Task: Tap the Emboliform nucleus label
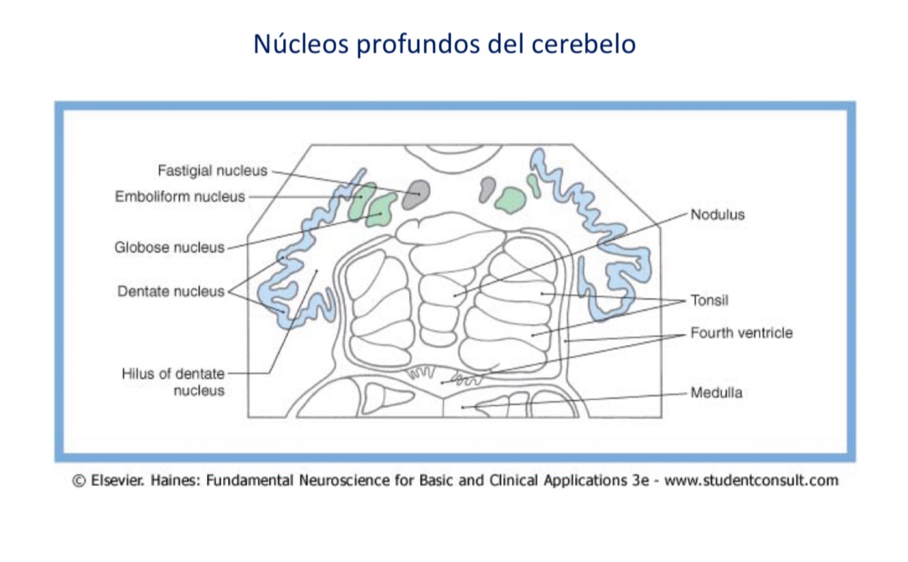coord(179,197)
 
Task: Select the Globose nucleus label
coord(169,248)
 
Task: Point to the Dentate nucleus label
coord(170,291)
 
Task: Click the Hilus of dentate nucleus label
coord(173,382)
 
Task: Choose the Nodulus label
coord(717,215)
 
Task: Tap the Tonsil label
coord(709,300)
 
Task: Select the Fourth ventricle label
coord(741,333)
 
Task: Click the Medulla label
coord(716,393)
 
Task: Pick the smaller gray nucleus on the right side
coord(487,188)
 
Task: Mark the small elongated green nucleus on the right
coord(534,185)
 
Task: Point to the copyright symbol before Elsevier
coord(79,481)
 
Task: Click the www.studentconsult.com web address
coord(751,481)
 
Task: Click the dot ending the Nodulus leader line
coord(456,295)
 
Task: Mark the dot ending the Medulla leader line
coord(463,407)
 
